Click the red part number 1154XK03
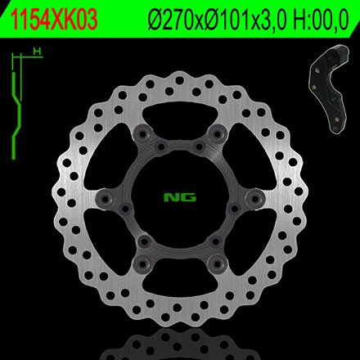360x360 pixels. (54, 20)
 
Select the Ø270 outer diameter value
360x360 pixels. (171, 20)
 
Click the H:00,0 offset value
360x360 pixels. (321, 20)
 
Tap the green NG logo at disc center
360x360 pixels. (180, 197)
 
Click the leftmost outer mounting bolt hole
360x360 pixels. (105, 198)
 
